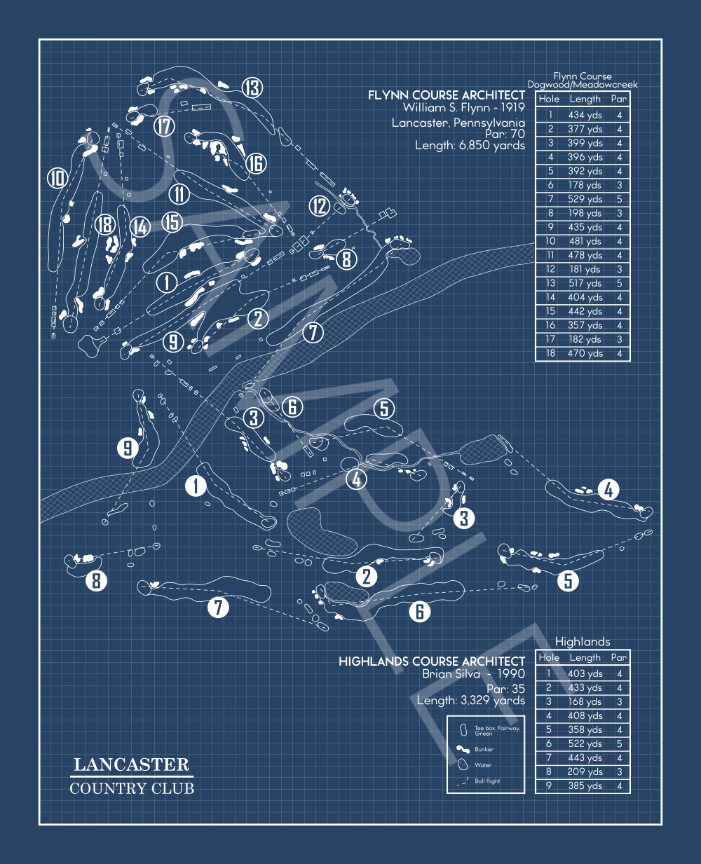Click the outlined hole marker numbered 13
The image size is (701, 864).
click(252, 88)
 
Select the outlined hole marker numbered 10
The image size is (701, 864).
click(57, 178)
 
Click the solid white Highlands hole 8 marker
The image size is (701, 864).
click(97, 580)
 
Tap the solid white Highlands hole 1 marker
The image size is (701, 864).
click(196, 486)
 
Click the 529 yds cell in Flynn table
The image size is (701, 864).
click(585, 199)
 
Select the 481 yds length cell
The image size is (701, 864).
click(585, 241)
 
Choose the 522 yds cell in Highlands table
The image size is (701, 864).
click(585, 743)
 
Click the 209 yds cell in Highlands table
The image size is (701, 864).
click(585, 772)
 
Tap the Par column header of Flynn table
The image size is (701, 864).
click(619, 99)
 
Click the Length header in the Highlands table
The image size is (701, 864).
click(585, 657)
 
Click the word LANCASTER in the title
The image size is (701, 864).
click(132, 764)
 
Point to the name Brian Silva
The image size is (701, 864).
click(451, 674)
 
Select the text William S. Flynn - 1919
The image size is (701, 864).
click(463, 107)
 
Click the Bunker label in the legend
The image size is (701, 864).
click(484, 749)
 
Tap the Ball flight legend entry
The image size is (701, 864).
click(487, 781)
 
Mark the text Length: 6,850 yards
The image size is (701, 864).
click(470, 145)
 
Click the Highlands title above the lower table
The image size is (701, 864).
click(582, 642)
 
